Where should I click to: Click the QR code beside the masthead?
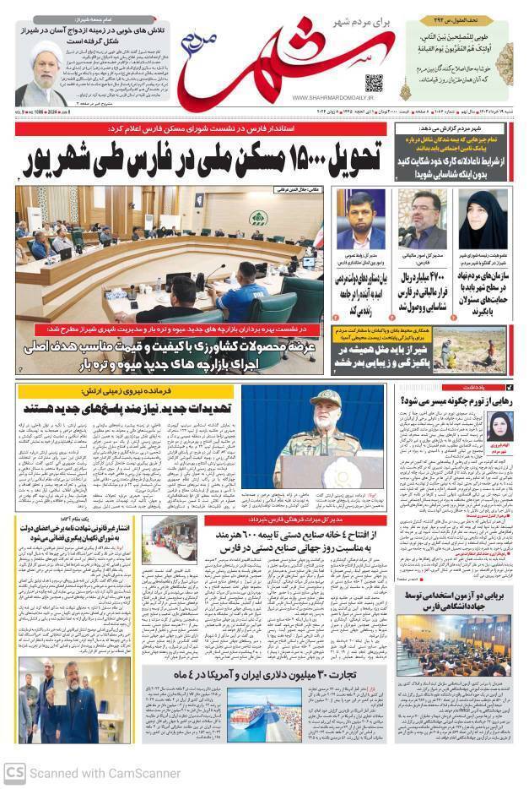pos(373,84)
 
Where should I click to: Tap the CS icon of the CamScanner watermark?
pos(14,772)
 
